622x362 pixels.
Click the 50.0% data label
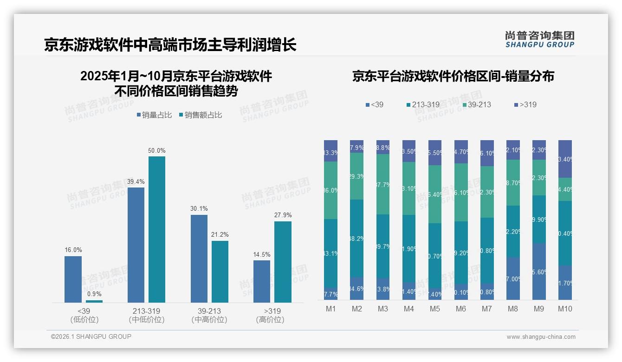pyautogui.click(x=156, y=151)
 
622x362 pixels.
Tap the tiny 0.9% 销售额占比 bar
pyautogui.click(x=94, y=301)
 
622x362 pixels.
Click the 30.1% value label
pyautogui.click(x=199, y=209)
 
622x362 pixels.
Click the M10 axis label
pyautogui.click(x=565, y=309)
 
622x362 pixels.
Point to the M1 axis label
pyautogui.click(x=330, y=309)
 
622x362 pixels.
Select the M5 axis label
pyautogui.click(x=435, y=309)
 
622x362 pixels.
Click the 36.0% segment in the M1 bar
pyautogui.click(x=330, y=190)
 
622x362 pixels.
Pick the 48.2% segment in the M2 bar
pyautogui.click(x=356, y=239)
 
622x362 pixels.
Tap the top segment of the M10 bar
pyautogui.click(x=565, y=159)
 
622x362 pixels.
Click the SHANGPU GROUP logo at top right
pyautogui.click(x=539, y=39)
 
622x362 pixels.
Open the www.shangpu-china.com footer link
pyautogui.click(x=541, y=337)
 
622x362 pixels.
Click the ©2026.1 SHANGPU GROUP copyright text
pyautogui.click(x=91, y=336)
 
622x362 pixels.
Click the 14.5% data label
pyautogui.click(x=262, y=255)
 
